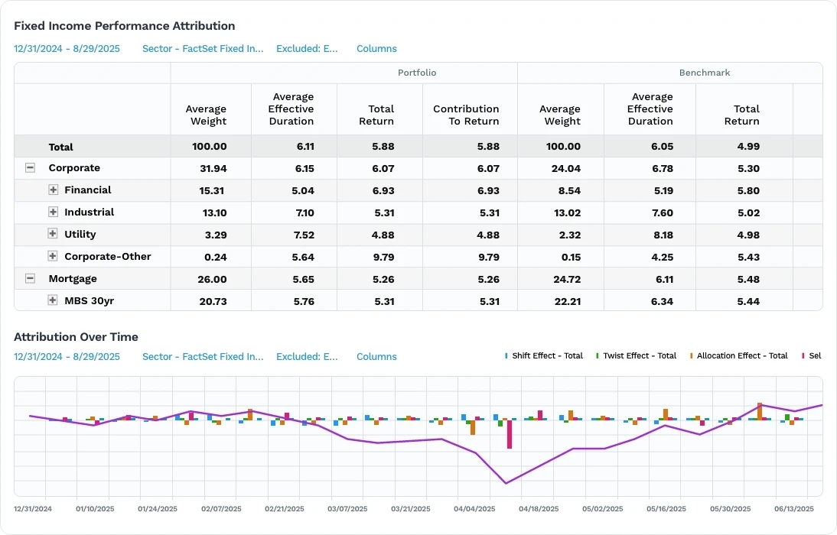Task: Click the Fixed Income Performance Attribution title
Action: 125,26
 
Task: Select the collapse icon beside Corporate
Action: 31,168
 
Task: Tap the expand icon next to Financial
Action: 53,190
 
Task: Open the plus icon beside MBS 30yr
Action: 53,301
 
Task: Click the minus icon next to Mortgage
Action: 31,279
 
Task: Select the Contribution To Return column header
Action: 466,115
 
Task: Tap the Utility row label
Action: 80,235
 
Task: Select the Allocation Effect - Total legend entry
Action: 741,356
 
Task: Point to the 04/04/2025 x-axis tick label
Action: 474,508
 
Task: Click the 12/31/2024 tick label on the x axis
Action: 33,508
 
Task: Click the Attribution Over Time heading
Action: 76,336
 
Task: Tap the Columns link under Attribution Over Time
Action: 376,357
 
